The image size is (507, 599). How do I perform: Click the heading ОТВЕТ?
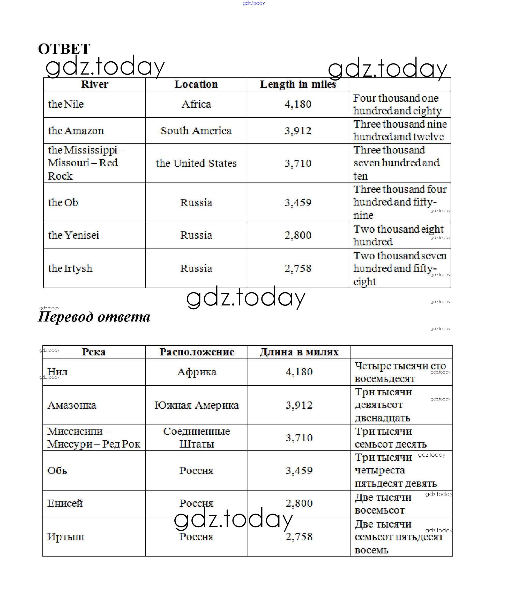pos(64,49)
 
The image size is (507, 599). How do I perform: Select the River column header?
pos(95,84)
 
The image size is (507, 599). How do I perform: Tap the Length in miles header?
pos(298,84)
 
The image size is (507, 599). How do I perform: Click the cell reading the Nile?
pos(66,104)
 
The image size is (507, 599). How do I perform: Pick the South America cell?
pos(196,131)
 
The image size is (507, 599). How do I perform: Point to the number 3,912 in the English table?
pos(298,131)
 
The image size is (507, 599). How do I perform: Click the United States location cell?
pos(196,163)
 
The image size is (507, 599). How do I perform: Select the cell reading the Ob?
pos(63,202)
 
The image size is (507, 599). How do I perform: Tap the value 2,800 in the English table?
pos(298,235)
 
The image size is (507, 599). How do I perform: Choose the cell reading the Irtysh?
pos(70,268)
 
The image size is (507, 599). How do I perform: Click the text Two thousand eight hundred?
pos(398,235)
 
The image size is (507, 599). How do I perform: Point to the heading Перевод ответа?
pos(94,317)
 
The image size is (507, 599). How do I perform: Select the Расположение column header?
pos(197,352)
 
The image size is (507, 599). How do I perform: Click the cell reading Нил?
pos(57,372)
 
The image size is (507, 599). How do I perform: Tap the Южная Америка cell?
pos(197,405)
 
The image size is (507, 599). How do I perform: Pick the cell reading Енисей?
pos(65,503)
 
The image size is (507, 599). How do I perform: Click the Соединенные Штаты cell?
pos(197,438)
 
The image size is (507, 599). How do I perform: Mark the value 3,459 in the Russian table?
pos(299,470)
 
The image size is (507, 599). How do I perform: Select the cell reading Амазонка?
pos(72,405)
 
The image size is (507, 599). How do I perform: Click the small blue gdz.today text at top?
pos(253,3)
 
